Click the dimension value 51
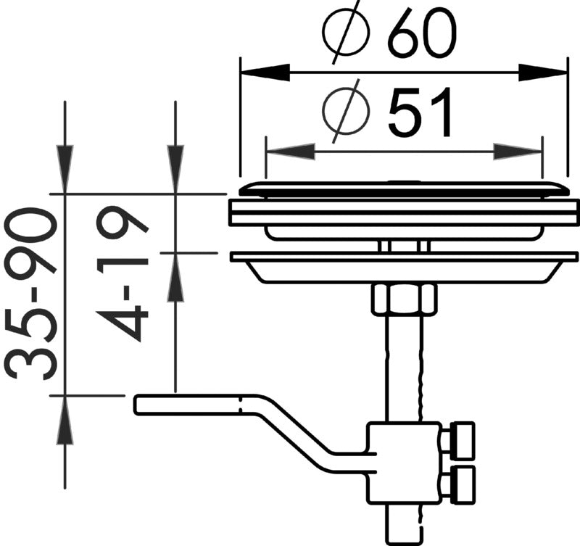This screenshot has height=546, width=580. (x=421, y=114)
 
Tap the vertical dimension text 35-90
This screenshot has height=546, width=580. (x=33, y=294)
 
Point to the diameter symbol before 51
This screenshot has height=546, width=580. (x=346, y=113)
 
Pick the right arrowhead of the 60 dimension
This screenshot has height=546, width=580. (x=542, y=72)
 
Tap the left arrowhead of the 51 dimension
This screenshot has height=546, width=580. (x=290, y=152)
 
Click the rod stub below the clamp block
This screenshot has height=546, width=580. (x=403, y=522)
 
